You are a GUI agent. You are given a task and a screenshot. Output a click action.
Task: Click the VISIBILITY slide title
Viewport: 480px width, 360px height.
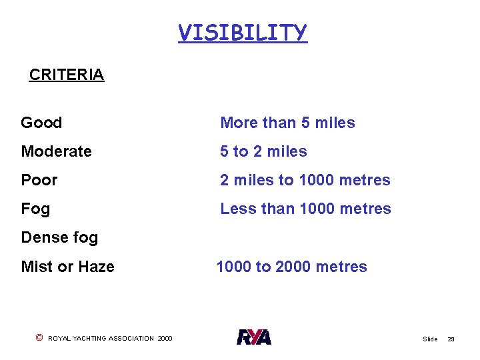tap(242, 32)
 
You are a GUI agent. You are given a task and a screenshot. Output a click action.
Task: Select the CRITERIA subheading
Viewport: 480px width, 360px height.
tap(67, 75)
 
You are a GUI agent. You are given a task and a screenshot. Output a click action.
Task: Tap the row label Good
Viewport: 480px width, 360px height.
tap(41, 123)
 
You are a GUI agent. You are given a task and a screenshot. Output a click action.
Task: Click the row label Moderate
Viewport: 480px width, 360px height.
tap(56, 151)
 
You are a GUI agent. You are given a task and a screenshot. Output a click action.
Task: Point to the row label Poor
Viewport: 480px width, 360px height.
tap(39, 180)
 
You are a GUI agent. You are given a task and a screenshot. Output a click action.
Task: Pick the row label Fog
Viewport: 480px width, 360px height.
tap(35, 209)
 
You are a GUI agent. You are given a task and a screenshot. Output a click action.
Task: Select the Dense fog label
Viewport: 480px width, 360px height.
tap(59, 237)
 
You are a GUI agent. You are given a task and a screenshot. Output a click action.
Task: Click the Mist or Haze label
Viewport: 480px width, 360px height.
tap(67, 267)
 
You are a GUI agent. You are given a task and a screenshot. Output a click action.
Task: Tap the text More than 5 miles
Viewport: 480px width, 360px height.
tap(287, 123)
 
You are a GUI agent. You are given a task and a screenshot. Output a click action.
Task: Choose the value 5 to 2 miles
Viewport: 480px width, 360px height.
tap(263, 151)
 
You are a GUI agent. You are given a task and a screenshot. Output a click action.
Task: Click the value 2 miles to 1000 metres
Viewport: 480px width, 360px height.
tap(305, 180)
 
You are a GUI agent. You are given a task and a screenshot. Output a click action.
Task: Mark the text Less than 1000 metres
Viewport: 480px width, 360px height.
tap(305, 209)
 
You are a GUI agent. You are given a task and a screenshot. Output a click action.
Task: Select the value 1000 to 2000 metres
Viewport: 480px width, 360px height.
tap(291, 267)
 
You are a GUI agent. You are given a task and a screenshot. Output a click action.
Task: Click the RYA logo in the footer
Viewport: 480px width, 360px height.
tap(254, 337)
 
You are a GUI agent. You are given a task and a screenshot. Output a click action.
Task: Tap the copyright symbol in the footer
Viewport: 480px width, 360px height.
tap(39, 338)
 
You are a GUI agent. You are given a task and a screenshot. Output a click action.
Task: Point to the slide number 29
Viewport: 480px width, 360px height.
tap(451, 339)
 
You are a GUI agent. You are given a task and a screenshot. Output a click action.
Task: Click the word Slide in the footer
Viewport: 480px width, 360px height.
tap(430, 339)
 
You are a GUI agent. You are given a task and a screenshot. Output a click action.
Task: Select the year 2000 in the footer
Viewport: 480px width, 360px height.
tap(165, 339)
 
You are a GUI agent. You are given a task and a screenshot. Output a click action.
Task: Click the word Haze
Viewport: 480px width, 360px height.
tap(96, 267)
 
